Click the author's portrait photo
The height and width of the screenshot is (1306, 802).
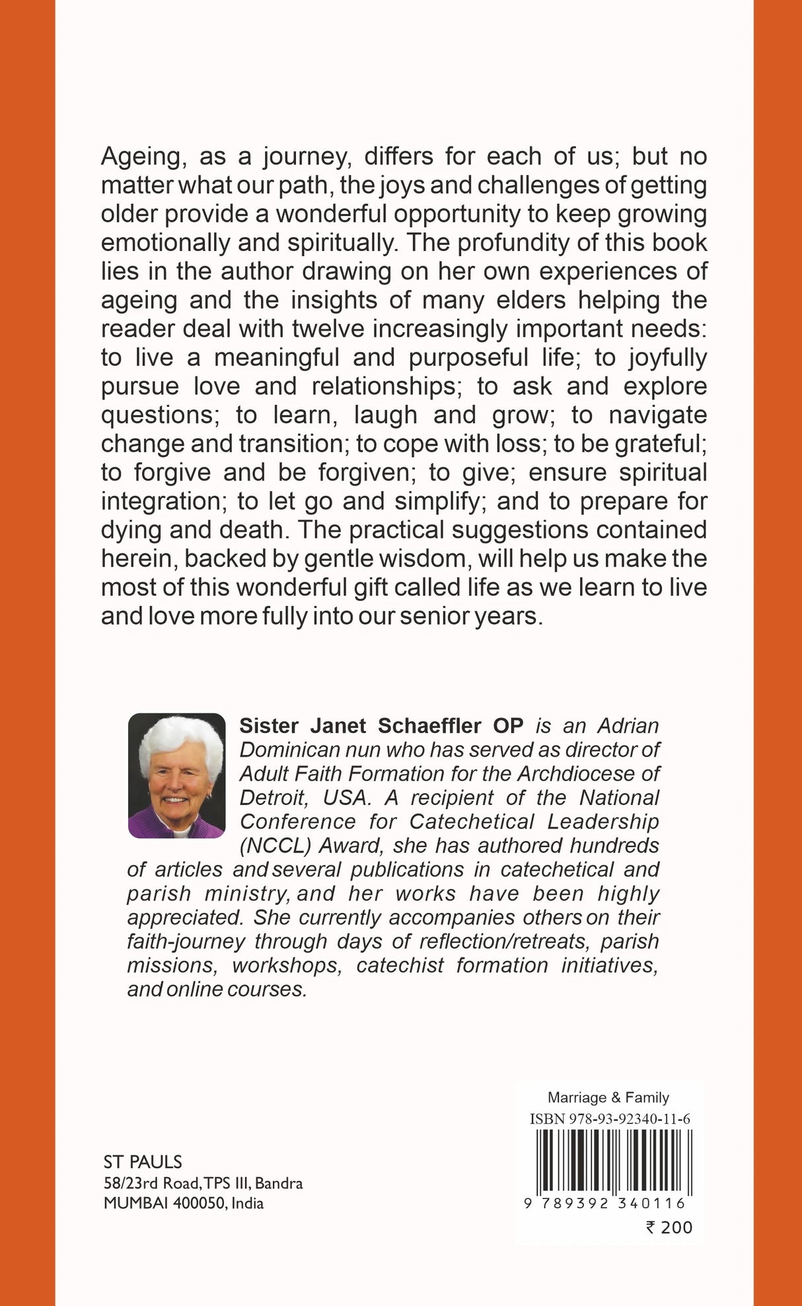click(x=176, y=775)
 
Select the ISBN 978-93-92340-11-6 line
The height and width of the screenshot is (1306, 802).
click(x=610, y=1119)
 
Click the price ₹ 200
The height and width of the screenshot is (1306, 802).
click(x=669, y=1227)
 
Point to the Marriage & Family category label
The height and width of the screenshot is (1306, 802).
click(x=608, y=1097)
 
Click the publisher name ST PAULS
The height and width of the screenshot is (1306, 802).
click(x=143, y=1162)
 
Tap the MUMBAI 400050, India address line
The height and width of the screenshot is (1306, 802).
click(x=184, y=1203)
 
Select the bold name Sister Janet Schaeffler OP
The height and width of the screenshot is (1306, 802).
click(x=381, y=726)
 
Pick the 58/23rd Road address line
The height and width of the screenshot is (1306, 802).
click(x=203, y=1183)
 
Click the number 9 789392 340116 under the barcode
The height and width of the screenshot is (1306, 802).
click(x=604, y=1204)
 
